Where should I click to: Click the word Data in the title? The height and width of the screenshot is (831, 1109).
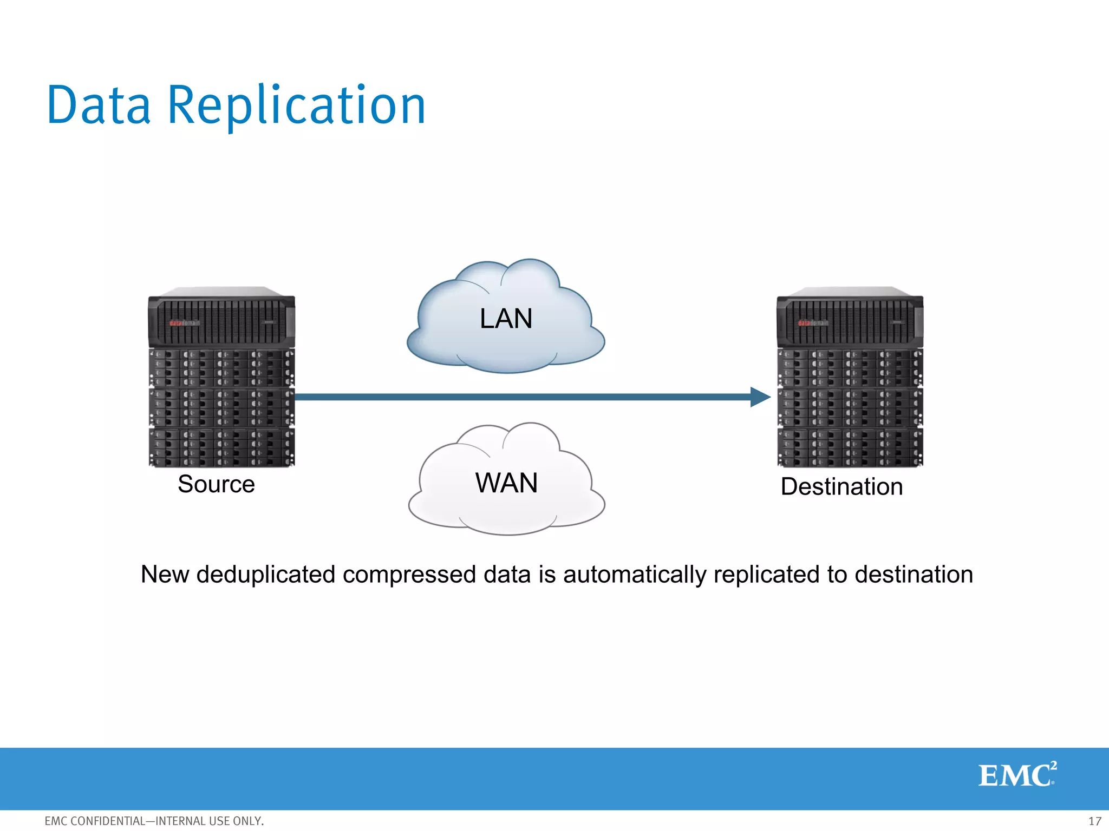pyautogui.click(x=99, y=105)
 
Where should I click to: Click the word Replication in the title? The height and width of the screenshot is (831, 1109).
pyautogui.click(x=297, y=105)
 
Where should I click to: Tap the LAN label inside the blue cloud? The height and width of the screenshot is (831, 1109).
pyautogui.click(x=506, y=319)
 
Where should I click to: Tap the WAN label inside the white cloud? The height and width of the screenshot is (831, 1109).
pyautogui.click(x=506, y=483)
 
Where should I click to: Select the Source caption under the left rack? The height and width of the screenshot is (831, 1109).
pyautogui.click(x=216, y=484)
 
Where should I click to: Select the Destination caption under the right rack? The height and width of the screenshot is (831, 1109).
pyautogui.click(x=841, y=487)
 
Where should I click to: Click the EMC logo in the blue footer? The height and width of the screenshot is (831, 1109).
pyautogui.click(x=1017, y=775)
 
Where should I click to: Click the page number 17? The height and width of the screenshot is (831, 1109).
pyautogui.click(x=1094, y=821)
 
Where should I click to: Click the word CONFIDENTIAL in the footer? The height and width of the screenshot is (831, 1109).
pyautogui.click(x=108, y=821)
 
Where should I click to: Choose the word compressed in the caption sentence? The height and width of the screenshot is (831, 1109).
pyautogui.click(x=409, y=575)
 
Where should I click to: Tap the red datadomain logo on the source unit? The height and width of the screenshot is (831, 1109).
pyautogui.click(x=184, y=323)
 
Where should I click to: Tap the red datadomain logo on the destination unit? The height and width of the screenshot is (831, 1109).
pyautogui.click(x=813, y=323)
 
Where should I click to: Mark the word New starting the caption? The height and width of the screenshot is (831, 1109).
pyautogui.click(x=165, y=575)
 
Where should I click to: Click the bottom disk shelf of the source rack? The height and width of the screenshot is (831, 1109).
pyautogui.click(x=221, y=447)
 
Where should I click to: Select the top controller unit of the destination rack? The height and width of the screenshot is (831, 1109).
pyautogui.click(x=850, y=320)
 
